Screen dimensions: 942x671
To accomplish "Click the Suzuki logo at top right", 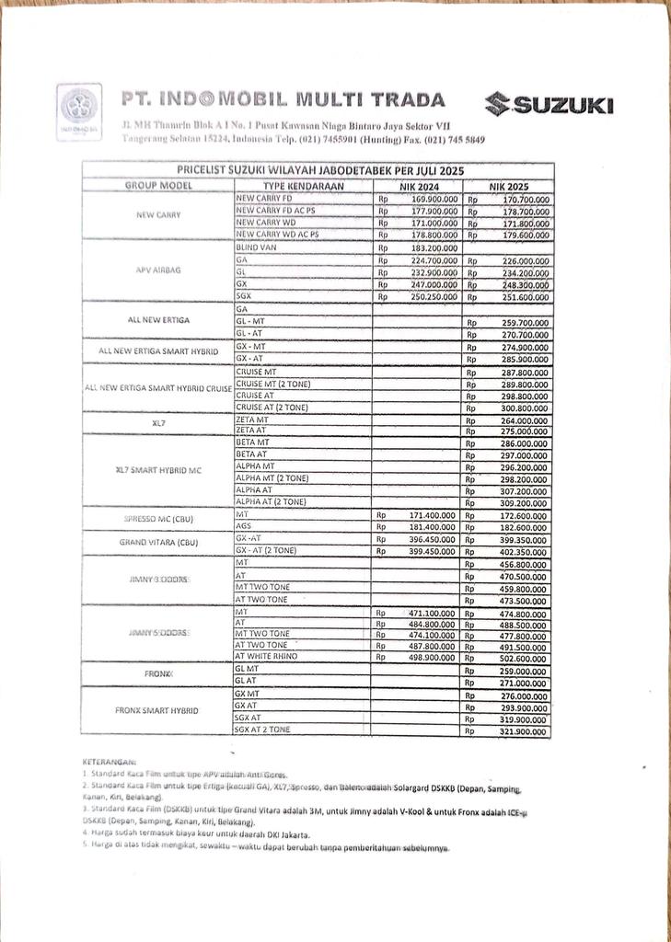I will pos(550,105).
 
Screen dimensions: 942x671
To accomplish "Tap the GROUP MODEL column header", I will pos(157,186).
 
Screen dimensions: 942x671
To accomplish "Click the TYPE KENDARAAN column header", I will pos(303,186).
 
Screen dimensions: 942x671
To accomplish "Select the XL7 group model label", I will pos(157,424).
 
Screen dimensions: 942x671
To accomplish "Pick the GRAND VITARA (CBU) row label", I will pos(157,543).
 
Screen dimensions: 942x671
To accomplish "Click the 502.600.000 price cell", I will pos(520,658).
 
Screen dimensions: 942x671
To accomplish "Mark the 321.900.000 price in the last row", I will pos(520,730).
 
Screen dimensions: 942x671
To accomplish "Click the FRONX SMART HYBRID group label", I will pos(157,711).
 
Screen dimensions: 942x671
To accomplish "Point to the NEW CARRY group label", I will pos(157,215).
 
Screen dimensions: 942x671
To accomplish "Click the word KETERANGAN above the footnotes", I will pos(109,763).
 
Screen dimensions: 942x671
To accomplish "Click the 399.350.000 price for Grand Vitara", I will pos(520,538).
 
